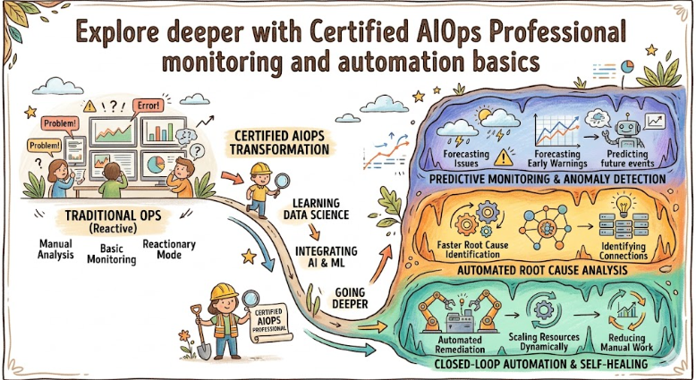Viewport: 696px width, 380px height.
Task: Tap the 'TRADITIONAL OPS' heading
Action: coord(109,215)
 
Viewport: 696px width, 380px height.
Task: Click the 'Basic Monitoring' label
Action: coord(112,253)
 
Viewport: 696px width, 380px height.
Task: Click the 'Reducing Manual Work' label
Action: coord(628,344)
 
